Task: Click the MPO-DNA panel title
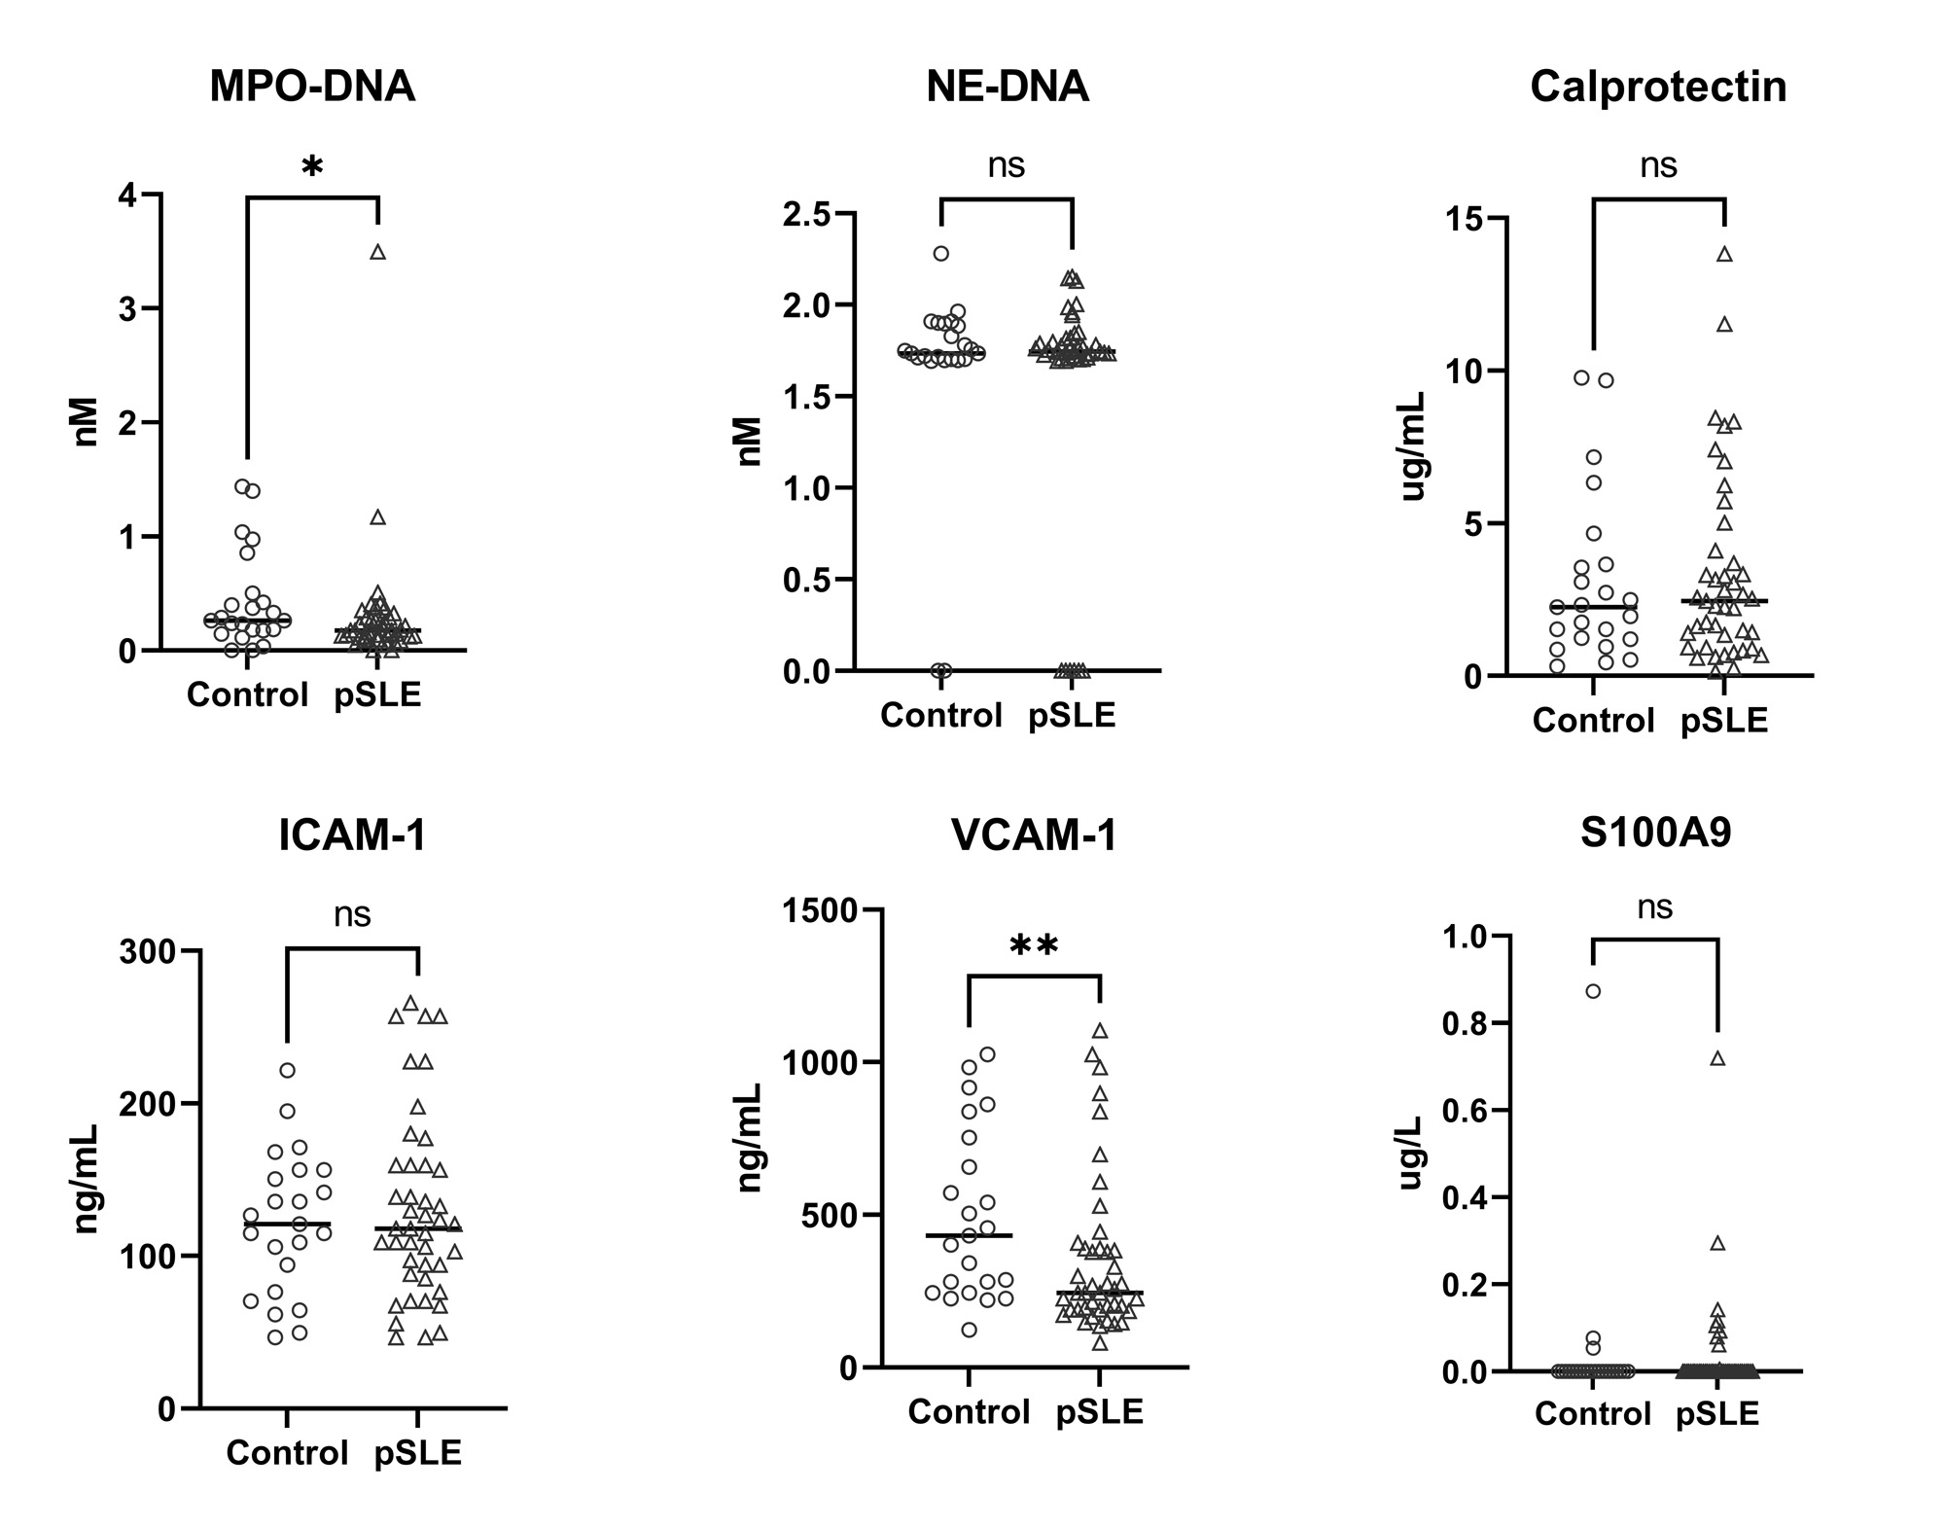312,87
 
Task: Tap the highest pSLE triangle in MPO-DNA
378,253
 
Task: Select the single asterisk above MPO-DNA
312,168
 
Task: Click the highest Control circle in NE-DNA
941,254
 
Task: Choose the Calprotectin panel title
1658,87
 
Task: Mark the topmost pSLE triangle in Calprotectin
1724,255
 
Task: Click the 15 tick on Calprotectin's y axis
1468,220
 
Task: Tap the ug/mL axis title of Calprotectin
1413,446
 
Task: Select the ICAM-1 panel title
352,836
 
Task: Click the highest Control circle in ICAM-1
288,1071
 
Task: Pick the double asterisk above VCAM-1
1034,946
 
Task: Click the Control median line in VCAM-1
969,1235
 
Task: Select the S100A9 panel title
1656,833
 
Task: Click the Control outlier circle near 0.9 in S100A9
1593,992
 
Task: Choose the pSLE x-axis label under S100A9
1717,1413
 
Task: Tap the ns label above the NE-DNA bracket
1007,164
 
